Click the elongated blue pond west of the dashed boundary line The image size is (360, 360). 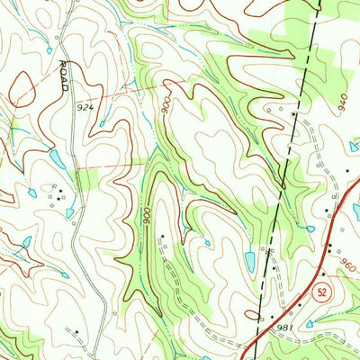pos(249,261)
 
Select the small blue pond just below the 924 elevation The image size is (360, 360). pos(101,124)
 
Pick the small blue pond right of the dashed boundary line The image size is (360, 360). pos(310,229)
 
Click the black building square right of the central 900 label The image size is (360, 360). pos(162,237)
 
